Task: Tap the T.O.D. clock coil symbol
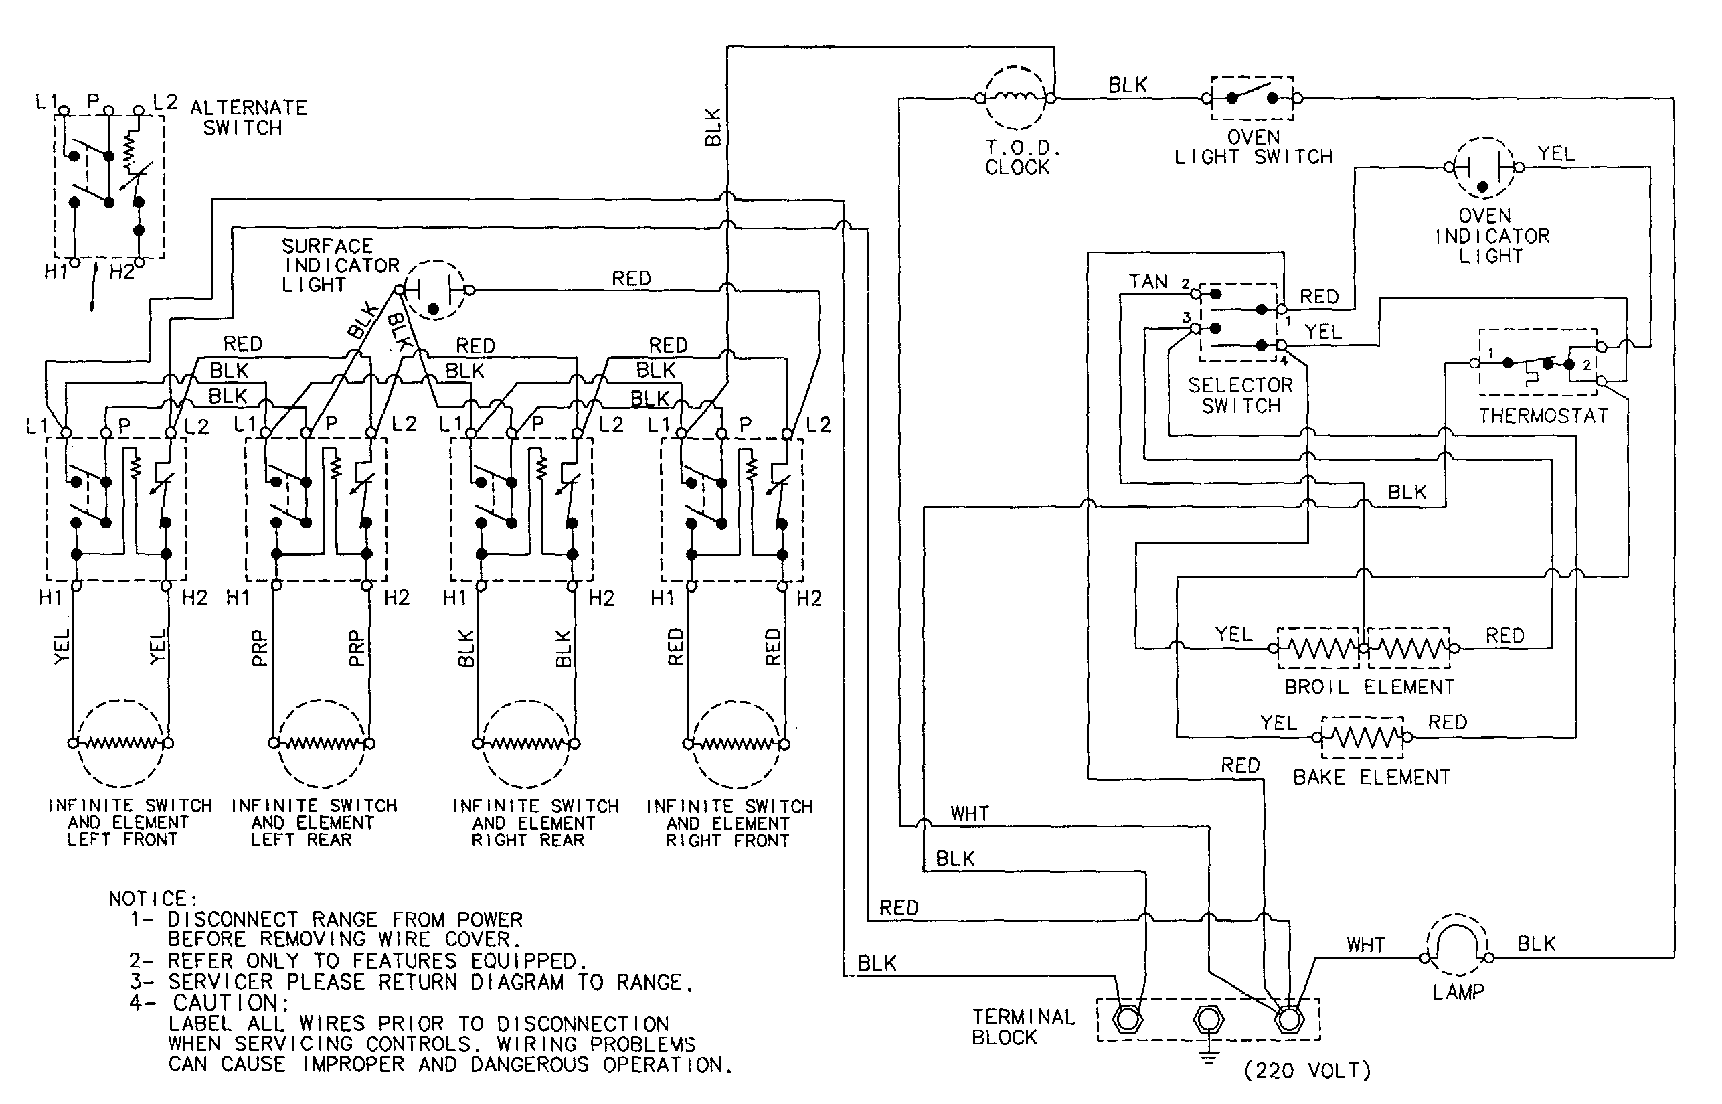[x=1015, y=98]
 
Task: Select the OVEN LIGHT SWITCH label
[x=1253, y=147]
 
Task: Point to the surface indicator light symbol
[x=434, y=290]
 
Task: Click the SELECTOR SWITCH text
[x=1240, y=395]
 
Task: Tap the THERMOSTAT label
[x=1543, y=416]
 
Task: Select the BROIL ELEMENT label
[x=1369, y=687]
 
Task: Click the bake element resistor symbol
[x=1362, y=737]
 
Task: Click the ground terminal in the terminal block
[x=1208, y=1020]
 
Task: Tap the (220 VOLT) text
[x=1308, y=1071]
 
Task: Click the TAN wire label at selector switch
[x=1148, y=282]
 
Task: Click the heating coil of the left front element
[x=120, y=743]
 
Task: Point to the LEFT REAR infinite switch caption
[x=313, y=822]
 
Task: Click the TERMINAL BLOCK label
[x=1023, y=1026]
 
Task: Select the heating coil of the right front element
[x=736, y=744]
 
